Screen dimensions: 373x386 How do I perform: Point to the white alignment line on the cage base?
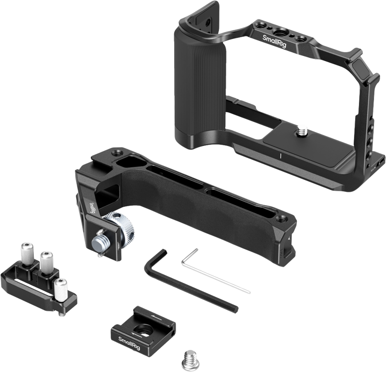click(x=280, y=155)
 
